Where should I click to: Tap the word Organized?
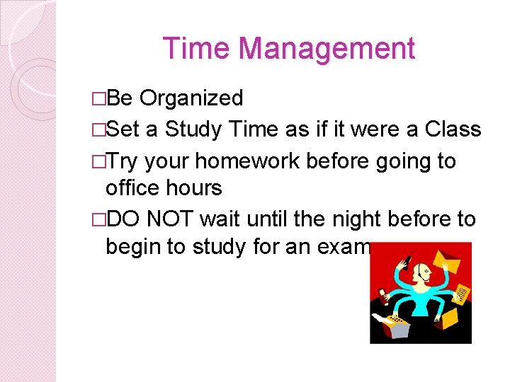click(x=191, y=98)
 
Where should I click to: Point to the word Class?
click(x=453, y=130)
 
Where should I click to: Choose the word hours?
click(x=195, y=188)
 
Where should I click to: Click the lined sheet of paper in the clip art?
click(x=462, y=292)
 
